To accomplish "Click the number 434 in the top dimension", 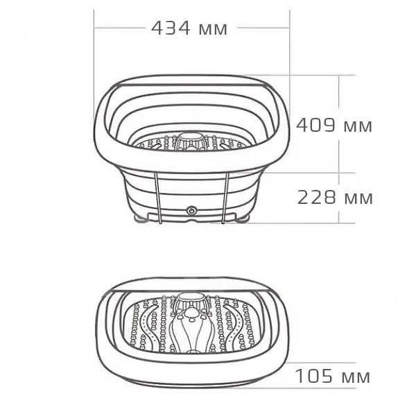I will point(171,28).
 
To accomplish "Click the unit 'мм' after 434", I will point(212,28).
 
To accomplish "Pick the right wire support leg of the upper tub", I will point(225,198).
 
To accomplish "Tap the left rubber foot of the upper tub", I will point(141,220).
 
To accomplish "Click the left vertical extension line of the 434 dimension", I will point(94,69).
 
